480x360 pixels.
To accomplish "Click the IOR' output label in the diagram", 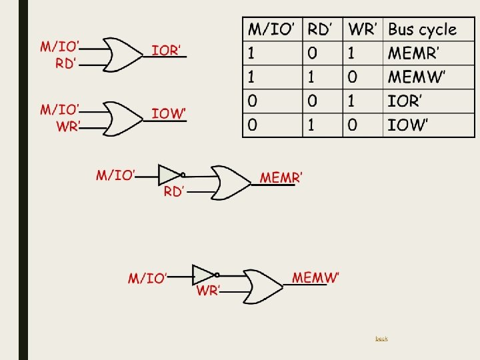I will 166,50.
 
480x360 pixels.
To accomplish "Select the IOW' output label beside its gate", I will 168,113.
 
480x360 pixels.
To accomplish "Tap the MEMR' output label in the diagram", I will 281,177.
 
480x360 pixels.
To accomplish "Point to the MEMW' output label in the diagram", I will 315,277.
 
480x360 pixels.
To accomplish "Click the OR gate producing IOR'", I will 123,54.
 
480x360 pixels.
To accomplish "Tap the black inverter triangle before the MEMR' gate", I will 169,175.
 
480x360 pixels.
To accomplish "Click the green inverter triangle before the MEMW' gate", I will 203,274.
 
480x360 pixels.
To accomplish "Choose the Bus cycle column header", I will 422,29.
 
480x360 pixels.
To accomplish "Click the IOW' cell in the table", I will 406,125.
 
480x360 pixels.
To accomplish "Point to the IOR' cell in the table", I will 405,101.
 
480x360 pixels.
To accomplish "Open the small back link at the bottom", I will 381,339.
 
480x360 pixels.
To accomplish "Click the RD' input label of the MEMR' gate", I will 174,192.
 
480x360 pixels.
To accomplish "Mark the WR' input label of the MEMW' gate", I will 208,291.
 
